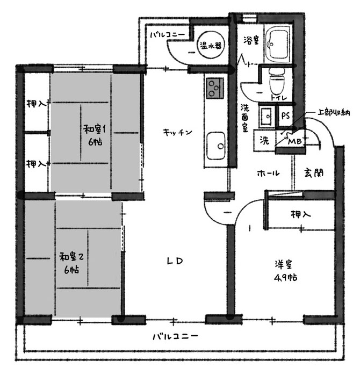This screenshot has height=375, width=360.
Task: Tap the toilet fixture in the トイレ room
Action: tap(277, 81)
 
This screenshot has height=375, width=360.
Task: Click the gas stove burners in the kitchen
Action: tap(214, 88)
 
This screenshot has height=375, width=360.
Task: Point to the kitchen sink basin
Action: tap(216, 146)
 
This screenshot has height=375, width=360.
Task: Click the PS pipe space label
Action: tap(285, 116)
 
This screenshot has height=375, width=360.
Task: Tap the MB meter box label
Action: tap(295, 142)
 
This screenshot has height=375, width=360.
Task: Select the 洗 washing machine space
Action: tap(264, 140)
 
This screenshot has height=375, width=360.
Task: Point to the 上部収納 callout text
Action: tap(334, 112)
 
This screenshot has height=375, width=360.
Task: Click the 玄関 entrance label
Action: tap(314, 172)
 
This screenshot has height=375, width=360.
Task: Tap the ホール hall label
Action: tap(268, 173)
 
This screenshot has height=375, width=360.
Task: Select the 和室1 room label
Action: tap(95, 129)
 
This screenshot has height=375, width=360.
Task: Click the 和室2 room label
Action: tap(71, 257)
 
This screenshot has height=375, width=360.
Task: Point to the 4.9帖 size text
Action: tap(285, 277)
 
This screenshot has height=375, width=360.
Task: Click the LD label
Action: tap(175, 261)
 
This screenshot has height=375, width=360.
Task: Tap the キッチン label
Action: tap(177, 132)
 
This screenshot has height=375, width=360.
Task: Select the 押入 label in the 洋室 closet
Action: tap(301, 214)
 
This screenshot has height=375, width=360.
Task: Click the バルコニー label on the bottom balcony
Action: tap(175, 336)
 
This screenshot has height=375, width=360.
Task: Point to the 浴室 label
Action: tap(251, 40)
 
